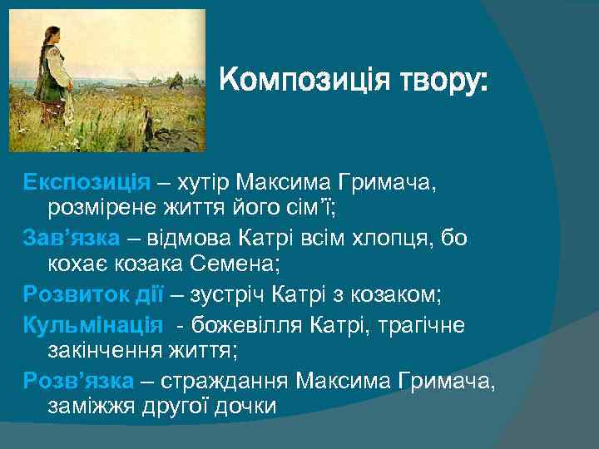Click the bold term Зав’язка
[72, 239]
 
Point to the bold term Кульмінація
[92, 323]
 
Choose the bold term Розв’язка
[77, 381]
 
